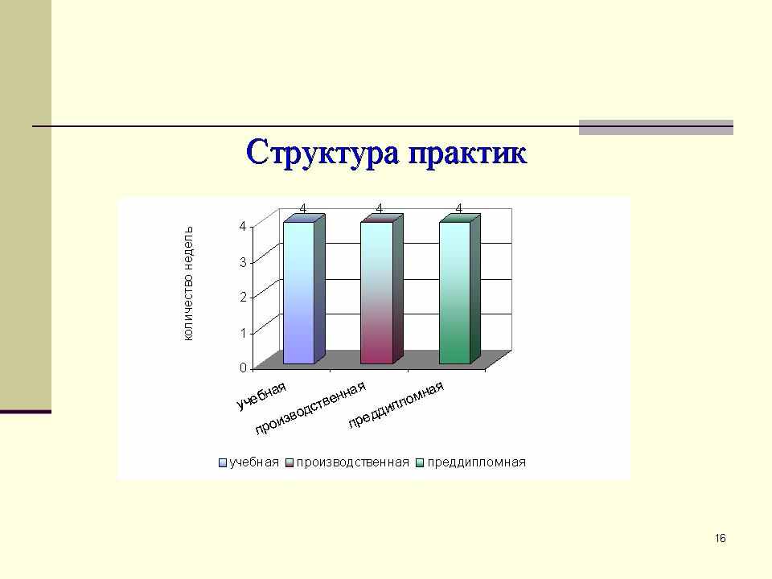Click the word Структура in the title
coord(322,153)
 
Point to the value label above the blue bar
coord(303,209)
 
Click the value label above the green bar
coord(459,209)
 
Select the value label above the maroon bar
coord(379,209)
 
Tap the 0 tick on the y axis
coord(243,368)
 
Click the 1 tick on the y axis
coord(243,333)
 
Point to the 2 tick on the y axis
coord(243,297)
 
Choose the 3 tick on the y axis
coord(243,261)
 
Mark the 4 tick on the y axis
coord(243,226)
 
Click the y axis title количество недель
coord(188,284)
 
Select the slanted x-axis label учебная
coord(261,396)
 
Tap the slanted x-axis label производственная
coord(310,409)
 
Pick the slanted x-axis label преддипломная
coord(396,404)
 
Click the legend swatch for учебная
coord(223,463)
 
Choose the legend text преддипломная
coord(477,462)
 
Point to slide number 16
coord(721,538)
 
